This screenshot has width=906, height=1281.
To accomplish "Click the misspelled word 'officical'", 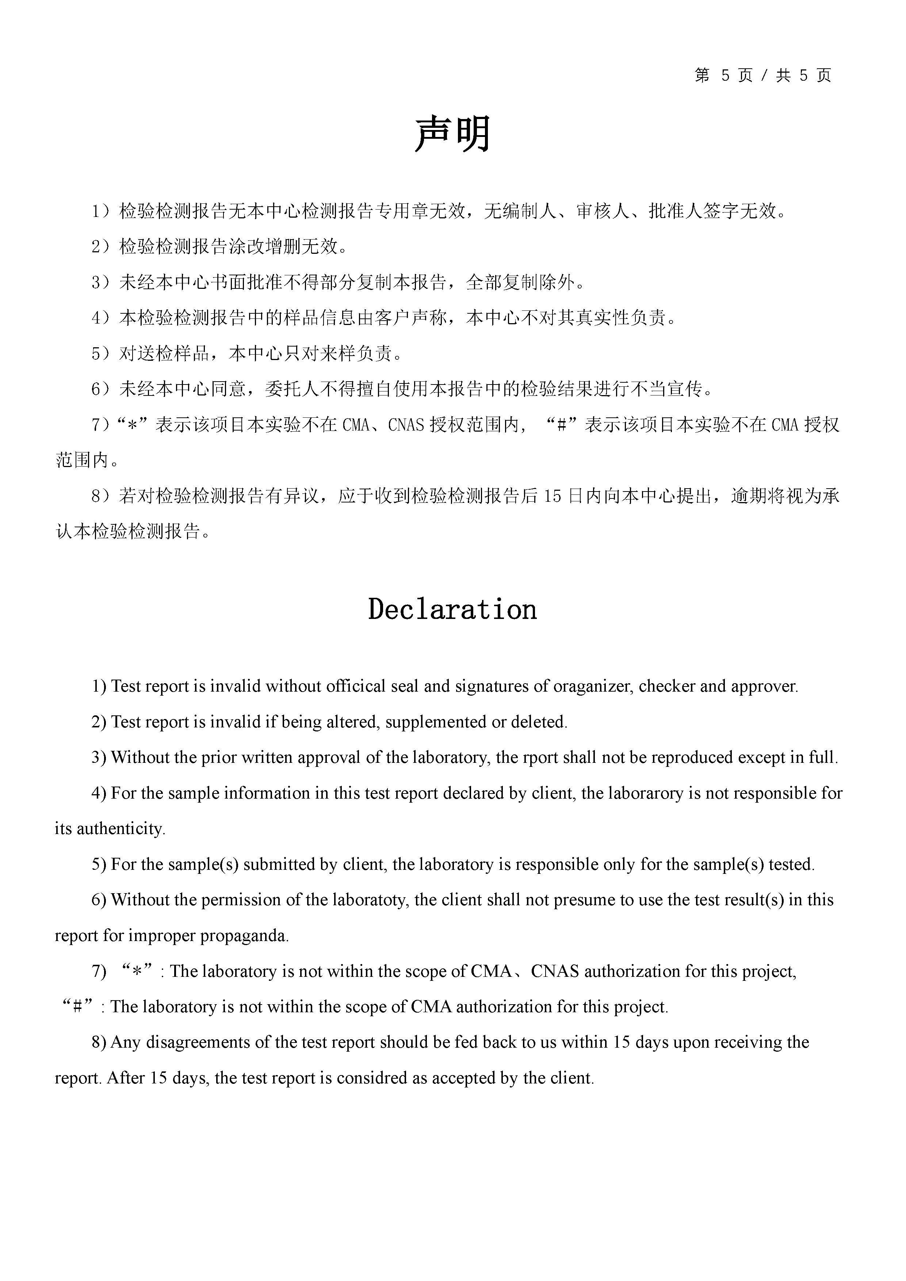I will pyautogui.click(x=360, y=686).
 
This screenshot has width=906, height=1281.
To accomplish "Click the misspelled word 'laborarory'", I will pyautogui.click(x=650, y=794).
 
